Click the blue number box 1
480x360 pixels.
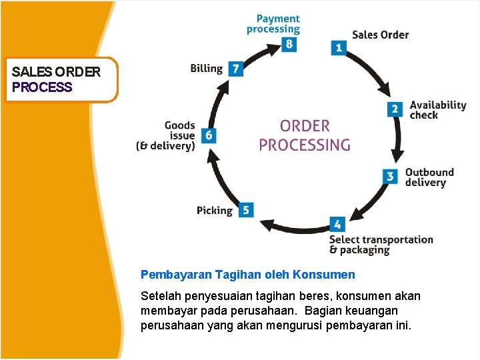339,47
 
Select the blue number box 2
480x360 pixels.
395,109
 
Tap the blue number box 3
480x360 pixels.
391,177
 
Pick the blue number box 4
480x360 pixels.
337,225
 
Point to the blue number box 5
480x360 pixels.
246,210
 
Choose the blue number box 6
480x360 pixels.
209,135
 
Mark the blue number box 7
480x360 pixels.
235,69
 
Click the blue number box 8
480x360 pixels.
288,45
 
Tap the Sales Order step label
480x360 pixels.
380,35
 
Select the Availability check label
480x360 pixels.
437,110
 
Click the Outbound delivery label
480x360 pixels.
429,177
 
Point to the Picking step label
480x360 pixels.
215,211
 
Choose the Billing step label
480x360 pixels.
206,68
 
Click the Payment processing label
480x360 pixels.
273,24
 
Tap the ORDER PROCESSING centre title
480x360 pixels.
305,135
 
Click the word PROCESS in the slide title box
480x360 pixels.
42,87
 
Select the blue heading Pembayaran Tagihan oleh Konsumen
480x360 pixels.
247,274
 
